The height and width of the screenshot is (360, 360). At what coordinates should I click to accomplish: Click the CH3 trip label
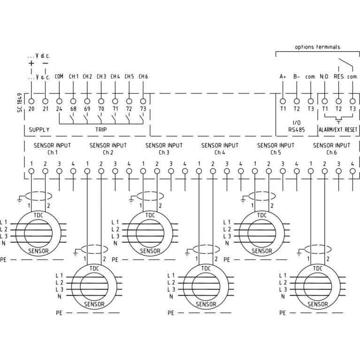click(101, 77)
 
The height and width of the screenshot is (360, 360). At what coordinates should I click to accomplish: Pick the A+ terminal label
click(283, 77)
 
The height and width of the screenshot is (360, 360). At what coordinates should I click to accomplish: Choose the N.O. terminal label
click(324, 77)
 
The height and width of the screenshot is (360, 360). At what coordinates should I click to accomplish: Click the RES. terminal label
click(339, 77)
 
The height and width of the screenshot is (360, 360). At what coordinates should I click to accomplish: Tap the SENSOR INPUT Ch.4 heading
click(220, 149)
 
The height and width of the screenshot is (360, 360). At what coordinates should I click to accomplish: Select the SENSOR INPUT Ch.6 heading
click(331, 149)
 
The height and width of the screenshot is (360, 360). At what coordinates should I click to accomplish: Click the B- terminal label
click(297, 77)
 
